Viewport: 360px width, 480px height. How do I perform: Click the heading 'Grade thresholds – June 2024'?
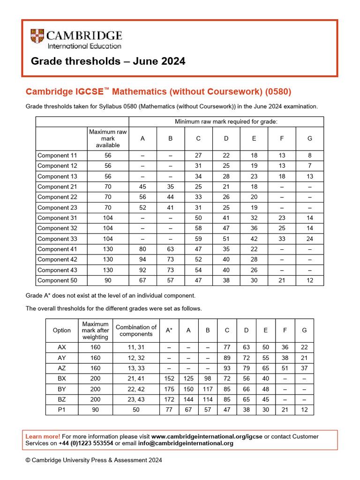click(108, 61)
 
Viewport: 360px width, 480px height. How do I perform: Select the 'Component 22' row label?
click(57, 197)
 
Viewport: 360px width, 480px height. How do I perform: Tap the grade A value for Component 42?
click(142, 259)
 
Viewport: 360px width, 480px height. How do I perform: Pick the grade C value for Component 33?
click(198, 239)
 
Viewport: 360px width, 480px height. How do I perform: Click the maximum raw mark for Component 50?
click(108, 280)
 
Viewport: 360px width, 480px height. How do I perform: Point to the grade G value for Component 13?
click(309, 176)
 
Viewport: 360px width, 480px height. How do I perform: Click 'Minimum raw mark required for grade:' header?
click(226, 122)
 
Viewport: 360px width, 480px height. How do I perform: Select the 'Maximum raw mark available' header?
click(108, 138)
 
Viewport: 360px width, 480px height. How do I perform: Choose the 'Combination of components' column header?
click(136, 330)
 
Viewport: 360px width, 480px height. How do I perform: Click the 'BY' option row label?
click(62, 389)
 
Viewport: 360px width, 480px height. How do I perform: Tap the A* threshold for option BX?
click(169, 378)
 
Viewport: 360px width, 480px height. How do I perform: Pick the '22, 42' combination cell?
click(136, 389)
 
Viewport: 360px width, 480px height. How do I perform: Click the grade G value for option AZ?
click(304, 368)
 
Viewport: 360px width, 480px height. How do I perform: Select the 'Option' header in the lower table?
click(62, 330)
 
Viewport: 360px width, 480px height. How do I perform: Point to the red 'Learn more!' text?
click(43, 436)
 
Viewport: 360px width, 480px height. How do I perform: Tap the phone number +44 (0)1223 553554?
click(86, 443)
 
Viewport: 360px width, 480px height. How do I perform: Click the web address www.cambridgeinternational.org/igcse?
click(206, 436)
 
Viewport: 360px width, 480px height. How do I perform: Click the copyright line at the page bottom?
click(94, 460)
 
